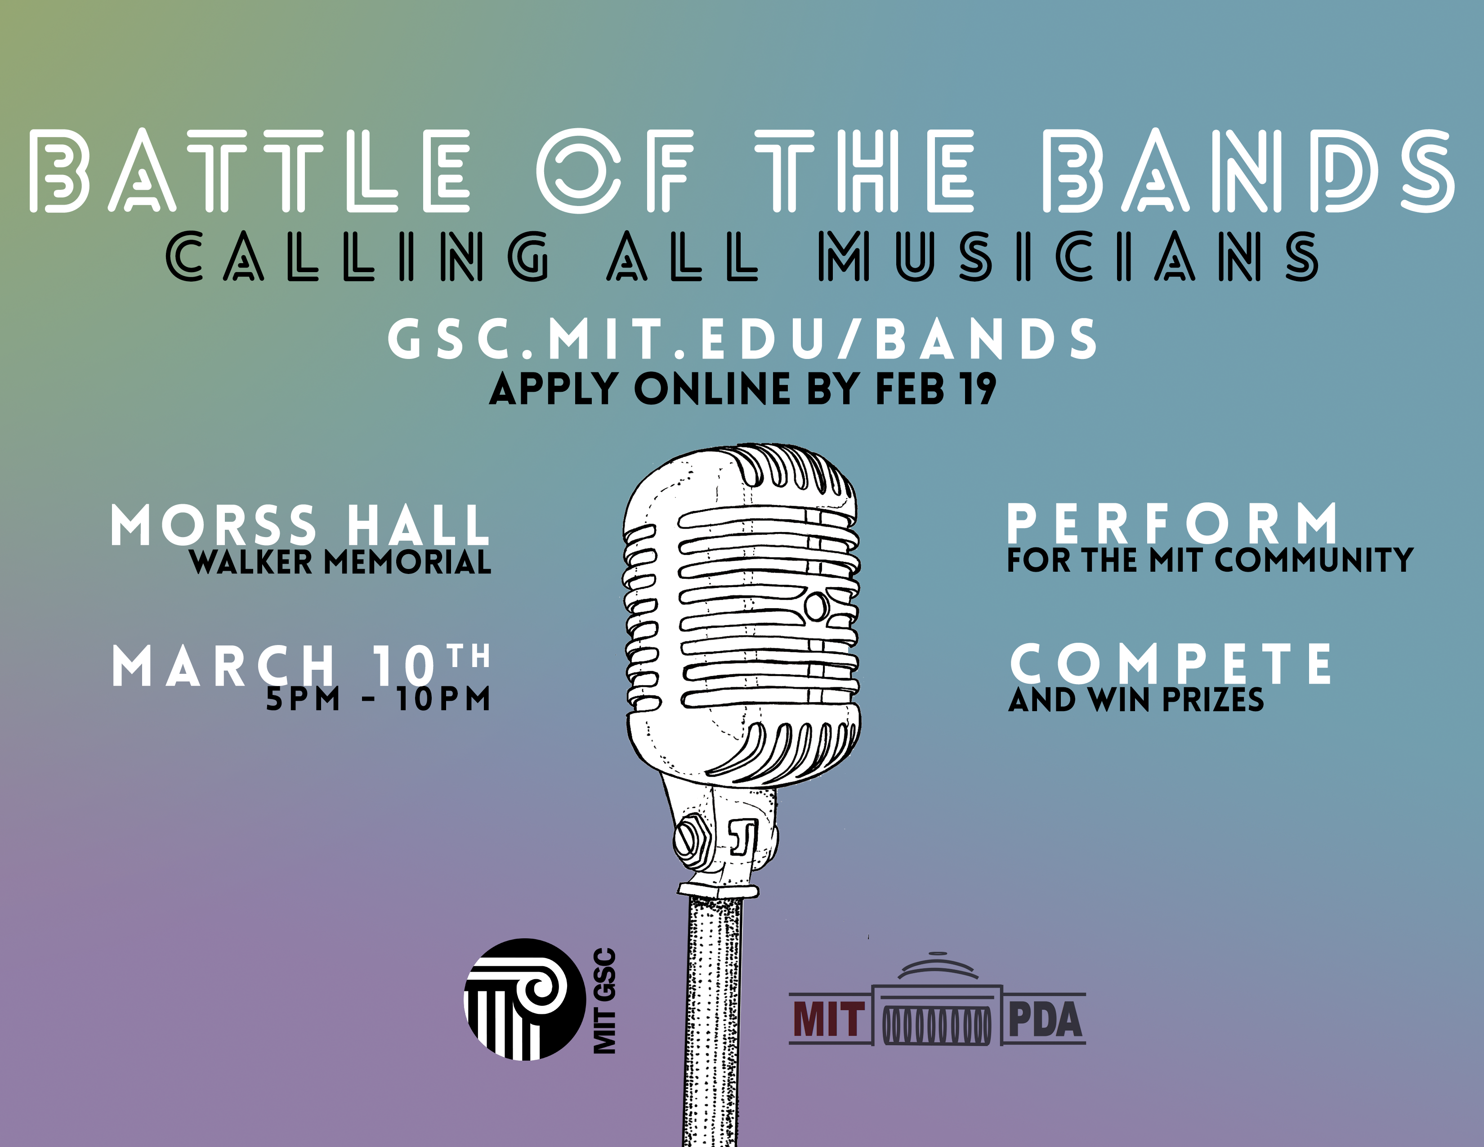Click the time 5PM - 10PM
[378, 699]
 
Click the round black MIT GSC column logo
[524, 999]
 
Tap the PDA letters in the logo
[1044, 1020]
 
